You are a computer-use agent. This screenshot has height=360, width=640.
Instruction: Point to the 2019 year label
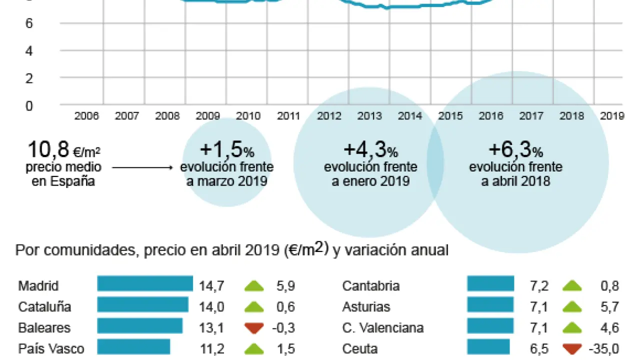612,116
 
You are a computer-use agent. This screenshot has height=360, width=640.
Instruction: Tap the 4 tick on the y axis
29,50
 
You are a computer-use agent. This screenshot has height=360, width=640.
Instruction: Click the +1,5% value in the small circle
227,149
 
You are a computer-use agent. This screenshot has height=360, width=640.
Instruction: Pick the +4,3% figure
370,149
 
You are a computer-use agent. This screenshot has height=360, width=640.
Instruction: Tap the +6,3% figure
515,149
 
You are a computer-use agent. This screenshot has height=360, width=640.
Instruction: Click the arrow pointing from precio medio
142,168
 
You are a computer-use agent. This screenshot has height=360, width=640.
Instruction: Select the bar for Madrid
145,283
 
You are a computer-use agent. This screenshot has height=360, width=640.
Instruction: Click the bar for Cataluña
142,304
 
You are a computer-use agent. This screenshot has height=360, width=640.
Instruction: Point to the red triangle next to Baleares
254,328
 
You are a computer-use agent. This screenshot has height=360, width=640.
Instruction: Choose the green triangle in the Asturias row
572,306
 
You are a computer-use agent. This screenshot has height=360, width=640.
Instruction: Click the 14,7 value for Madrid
211,286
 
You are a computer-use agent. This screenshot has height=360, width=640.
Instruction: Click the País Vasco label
51,348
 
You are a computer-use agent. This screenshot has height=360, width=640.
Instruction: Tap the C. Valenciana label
383,328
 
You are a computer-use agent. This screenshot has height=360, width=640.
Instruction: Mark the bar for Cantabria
490,283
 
